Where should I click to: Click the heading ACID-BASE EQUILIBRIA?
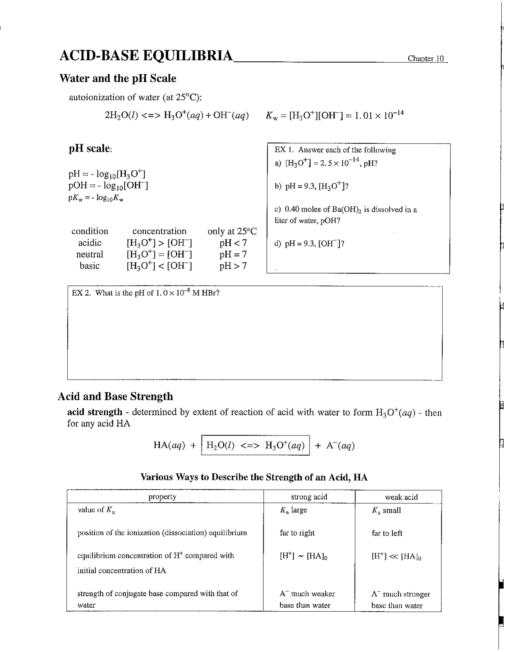point(146,56)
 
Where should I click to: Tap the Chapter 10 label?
point(426,59)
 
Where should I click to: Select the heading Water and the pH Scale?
point(117,78)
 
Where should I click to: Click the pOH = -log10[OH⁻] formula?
point(108,186)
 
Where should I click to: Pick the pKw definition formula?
point(96,198)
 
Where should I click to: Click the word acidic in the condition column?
point(90,243)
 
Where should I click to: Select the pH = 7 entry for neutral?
point(233,254)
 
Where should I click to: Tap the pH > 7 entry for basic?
point(233,266)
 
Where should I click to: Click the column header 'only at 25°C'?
point(232,231)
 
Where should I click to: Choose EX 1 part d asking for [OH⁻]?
point(310,243)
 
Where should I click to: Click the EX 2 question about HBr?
point(145,293)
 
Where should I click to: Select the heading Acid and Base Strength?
point(115,396)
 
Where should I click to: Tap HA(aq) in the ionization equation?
point(169,445)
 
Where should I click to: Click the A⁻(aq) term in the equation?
point(340,446)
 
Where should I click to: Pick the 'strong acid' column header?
point(309,497)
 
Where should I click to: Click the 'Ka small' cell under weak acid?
point(386,510)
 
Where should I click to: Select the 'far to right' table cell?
point(297,533)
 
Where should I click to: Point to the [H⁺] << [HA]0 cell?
point(396,556)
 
